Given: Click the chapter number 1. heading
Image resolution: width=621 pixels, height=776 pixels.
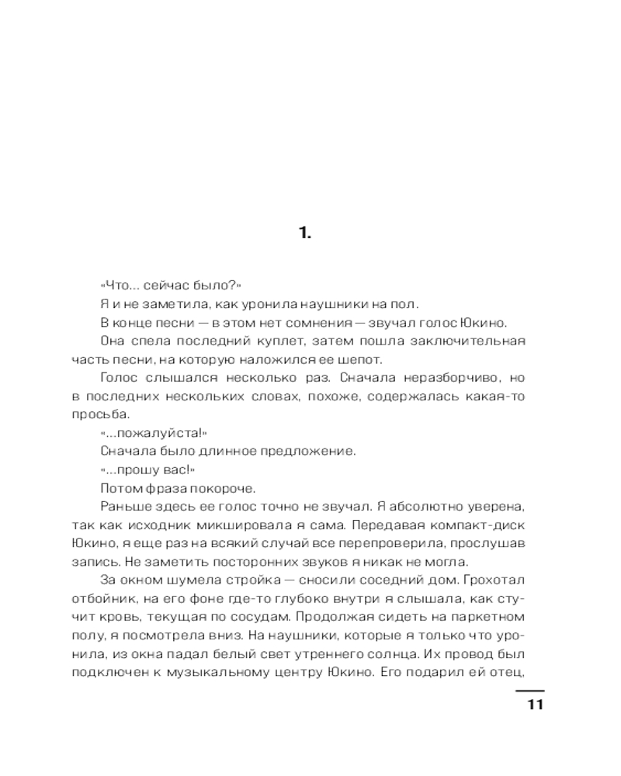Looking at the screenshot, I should pos(305,232).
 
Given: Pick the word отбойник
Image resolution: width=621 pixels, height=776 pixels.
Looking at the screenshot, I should pos(102,598).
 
